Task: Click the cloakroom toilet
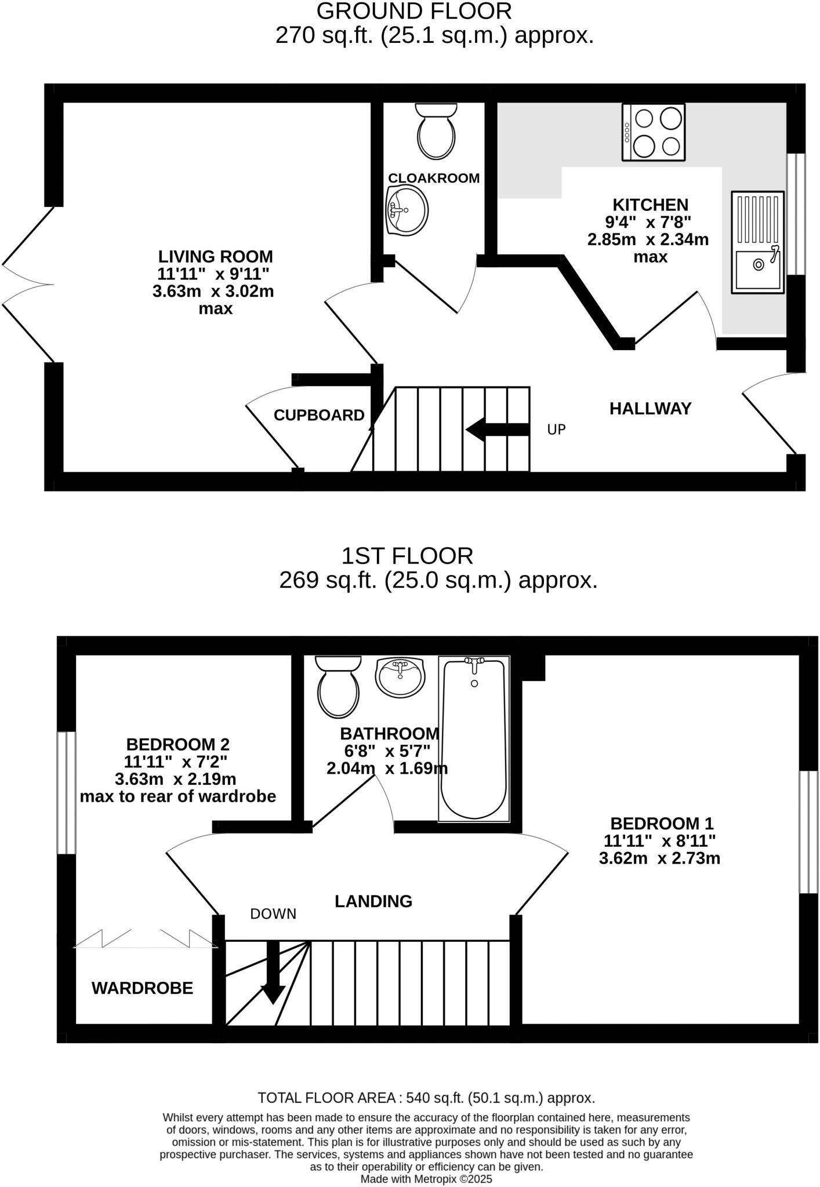[436, 132]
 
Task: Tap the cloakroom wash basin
[407, 210]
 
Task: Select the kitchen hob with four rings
[654, 132]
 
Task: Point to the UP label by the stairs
[556, 429]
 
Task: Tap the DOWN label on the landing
[273, 914]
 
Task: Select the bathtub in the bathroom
[474, 739]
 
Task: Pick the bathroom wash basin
[400, 676]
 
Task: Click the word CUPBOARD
[319, 415]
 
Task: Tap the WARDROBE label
[142, 988]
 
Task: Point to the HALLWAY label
[650, 409]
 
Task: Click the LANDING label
[373, 901]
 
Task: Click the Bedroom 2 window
[67, 792]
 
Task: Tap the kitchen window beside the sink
[796, 213]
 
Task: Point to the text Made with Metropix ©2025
[426, 1179]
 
